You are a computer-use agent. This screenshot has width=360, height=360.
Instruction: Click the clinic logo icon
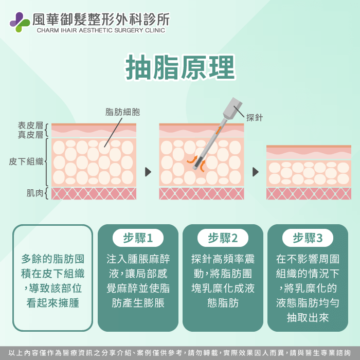click(20, 22)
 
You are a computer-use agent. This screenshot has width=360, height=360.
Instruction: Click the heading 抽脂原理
click(180, 67)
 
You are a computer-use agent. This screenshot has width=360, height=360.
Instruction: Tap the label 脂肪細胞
click(122, 112)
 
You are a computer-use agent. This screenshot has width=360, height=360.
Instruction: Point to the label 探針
click(255, 118)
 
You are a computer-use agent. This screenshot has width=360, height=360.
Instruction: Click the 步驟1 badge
click(138, 238)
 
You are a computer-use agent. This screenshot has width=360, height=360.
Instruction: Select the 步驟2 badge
click(223, 238)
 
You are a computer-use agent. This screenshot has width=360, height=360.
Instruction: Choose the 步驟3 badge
click(308, 238)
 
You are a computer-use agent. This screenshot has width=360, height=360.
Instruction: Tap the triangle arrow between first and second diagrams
click(149, 172)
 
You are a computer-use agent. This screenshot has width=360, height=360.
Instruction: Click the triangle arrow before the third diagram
click(256, 172)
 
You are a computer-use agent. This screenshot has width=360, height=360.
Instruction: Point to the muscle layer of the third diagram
click(309, 193)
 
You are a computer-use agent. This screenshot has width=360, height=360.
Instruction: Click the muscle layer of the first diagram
click(94, 193)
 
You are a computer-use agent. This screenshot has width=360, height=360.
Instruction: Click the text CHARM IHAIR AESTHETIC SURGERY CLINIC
click(101, 30)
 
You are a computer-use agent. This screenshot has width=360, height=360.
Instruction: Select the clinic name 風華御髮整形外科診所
click(101, 20)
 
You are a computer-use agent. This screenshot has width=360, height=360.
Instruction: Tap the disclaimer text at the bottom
click(180, 353)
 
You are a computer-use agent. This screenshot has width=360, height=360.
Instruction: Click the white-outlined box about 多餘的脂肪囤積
click(53, 278)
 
